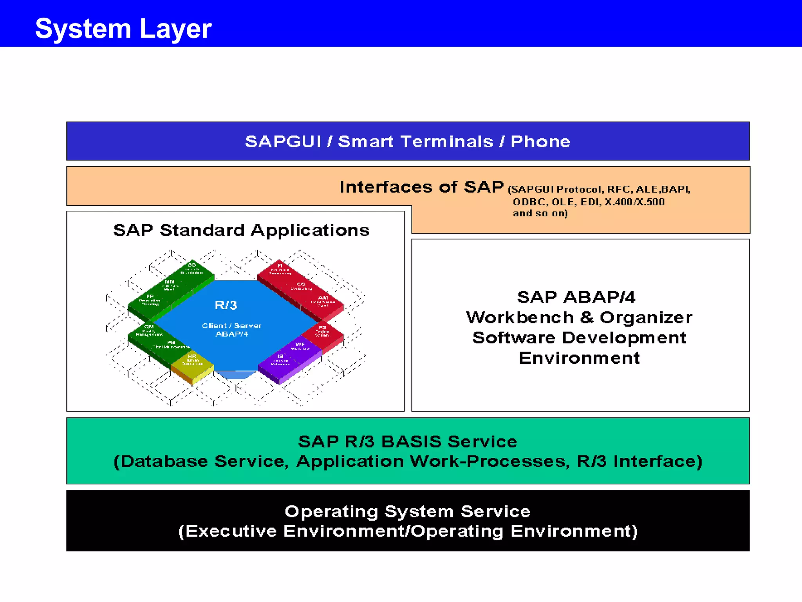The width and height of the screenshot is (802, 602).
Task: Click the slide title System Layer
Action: [x=123, y=29]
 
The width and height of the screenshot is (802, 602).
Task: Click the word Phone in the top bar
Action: [x=540, y=141]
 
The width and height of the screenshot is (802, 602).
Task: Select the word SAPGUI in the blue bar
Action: [x=283, y=141]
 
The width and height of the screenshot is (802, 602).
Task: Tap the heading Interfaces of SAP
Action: [x=421, y=187]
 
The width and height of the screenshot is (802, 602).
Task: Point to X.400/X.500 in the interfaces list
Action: [x=634, y=202]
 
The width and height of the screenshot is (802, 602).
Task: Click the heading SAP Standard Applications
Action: [x=241, y=230]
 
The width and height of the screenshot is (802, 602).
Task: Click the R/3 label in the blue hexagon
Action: [x=226, y=305]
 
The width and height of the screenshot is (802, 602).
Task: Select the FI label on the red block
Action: [x=280, y=266]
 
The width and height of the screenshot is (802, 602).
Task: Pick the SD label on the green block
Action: [x=192, y=265]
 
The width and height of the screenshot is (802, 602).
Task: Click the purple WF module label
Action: [x=300, y=345]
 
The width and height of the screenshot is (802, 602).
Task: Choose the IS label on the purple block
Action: [x=280, y=357]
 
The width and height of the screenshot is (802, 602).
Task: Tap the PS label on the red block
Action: [x=322, y=327]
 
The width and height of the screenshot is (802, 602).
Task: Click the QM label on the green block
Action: [x=149, y=327]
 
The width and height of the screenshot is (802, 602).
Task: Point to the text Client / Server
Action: [x=231, y=326]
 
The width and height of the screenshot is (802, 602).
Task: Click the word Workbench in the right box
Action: [x=520, y=317]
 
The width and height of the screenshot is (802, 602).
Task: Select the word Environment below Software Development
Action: [x=579, y=358]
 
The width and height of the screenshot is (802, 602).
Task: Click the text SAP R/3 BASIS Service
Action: [x=408, y=442]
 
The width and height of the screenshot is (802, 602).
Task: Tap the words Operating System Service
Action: [x=407, y=511]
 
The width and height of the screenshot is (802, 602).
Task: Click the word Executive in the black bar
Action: [x=230, y=531]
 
